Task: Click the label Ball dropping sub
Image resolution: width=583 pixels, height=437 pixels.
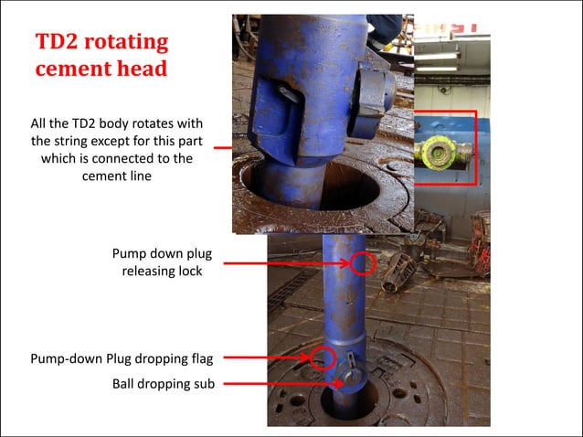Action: pos(164,384)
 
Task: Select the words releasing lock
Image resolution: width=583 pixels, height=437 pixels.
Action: pos(163,272)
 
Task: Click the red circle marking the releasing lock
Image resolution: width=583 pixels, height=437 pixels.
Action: pos(364,263)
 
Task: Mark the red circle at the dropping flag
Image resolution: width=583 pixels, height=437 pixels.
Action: pos(320,356)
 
